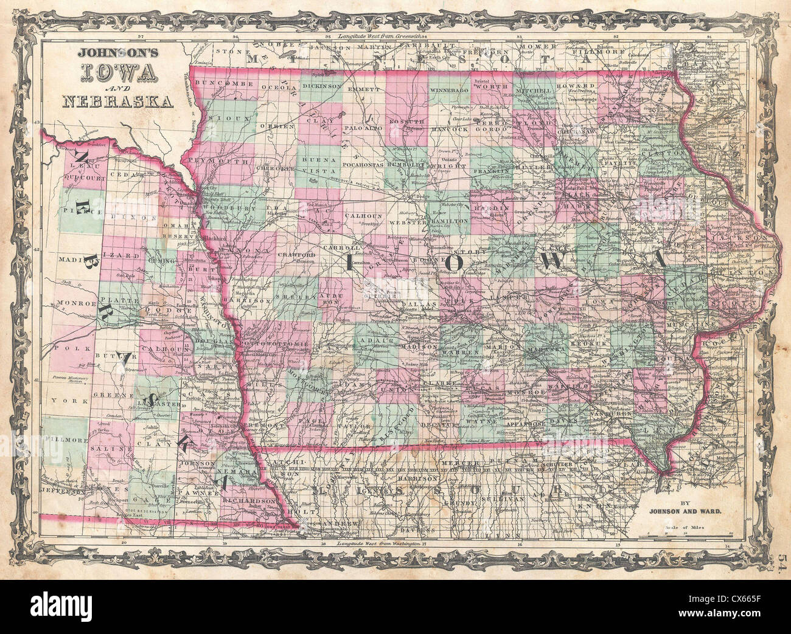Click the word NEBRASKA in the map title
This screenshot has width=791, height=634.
coord(117,102)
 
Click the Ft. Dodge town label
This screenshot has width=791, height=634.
coord(415,196)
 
